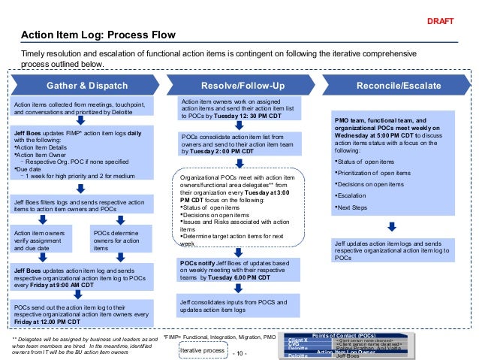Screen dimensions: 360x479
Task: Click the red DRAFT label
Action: (441, 21)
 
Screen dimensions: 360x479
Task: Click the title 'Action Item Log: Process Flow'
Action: (98, 35)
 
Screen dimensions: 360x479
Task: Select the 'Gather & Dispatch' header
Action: (87, 86)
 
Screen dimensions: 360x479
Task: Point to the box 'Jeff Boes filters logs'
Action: (85, 206)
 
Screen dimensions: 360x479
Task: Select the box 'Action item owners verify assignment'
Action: (46, 240)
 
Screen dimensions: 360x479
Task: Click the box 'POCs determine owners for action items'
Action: (122, 240)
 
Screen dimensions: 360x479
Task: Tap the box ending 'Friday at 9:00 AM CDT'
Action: (85, 276)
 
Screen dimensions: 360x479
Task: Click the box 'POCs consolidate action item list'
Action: (239, 143)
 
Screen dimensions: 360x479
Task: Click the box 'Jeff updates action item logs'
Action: (393, 251)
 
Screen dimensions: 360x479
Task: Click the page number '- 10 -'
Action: (240, 352)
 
